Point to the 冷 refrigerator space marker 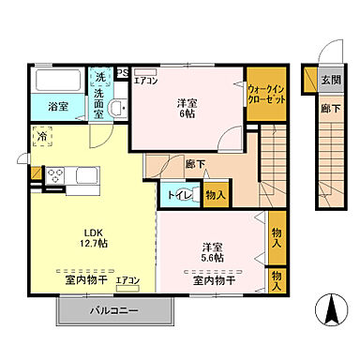coord(42,137)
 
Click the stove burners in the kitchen coord(54,174)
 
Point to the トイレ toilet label coord(181,195)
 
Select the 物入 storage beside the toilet coord(214,195)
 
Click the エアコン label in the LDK coord(127,279)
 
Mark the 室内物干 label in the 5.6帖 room coord(215,279)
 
